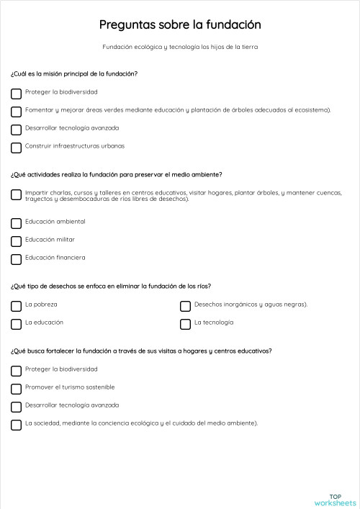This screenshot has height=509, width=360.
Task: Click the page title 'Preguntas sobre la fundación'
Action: point(180,25)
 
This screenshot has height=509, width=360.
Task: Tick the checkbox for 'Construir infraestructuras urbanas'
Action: point(16,148)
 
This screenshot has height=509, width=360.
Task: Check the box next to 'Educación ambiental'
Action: point(16,222)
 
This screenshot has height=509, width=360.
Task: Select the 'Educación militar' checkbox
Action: point(16,241)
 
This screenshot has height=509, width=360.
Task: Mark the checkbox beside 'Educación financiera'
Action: point(16,259)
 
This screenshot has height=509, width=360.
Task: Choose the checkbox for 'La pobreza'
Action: point(16,306)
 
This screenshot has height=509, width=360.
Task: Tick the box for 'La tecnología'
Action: point(185,324)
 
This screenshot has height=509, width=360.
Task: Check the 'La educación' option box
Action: point(16,324)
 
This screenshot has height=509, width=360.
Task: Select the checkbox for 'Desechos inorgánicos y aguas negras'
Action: point(185,306)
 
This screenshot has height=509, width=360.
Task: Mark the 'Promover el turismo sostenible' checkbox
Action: point(16,389)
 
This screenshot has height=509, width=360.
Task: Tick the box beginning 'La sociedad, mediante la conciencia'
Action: point(16,425)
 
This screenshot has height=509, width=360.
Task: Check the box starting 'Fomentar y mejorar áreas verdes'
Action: point(16,112)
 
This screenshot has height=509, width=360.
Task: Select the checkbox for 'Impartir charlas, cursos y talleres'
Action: point(16,194)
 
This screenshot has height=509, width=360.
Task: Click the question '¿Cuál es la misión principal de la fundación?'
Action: point(74,73)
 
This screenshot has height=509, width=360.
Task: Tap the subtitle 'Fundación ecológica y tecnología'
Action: point(180,48)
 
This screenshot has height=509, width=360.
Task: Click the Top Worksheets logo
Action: point(335,499)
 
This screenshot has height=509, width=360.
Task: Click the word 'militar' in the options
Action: point(65,239)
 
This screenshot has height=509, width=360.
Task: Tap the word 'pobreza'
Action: point(45,304)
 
